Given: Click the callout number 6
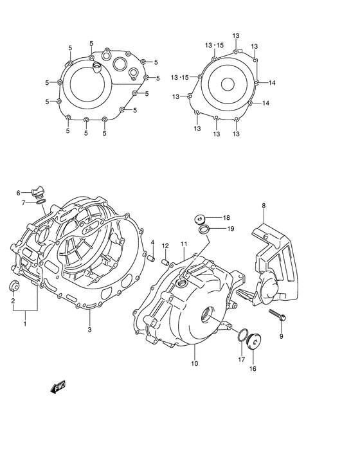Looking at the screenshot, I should (x=19, y=192).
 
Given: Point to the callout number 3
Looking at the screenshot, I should (x=89, y=330).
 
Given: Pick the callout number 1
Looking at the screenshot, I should (x=25, y=323).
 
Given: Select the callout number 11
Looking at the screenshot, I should (x=183, y=244).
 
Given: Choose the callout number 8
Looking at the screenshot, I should (x=263, y=206).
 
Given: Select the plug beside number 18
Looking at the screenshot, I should (x=200, y=218).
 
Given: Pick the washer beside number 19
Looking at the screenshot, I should (x=203, y=230).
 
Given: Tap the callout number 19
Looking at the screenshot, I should (x=230, y=229).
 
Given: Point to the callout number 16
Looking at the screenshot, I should (x=252, y=369).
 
